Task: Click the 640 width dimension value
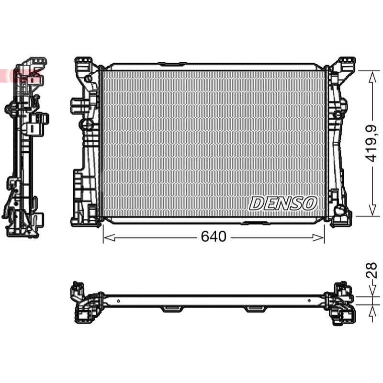click(x=214, y=237)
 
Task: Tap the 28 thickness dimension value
click(x=372, y=270)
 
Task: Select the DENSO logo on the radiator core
click(x=283, y=203)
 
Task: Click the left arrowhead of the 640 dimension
click(x=109, y=237)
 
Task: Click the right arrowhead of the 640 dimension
click(x=318, y=237)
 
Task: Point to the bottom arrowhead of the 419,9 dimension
click(x=372, y=210)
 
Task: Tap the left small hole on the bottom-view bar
click(x=118, y=301)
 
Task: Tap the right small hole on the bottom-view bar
click(x=309, y=301)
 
